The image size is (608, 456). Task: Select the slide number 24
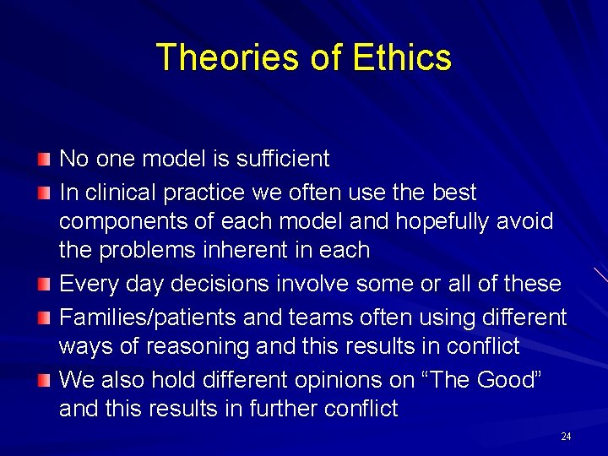click(565, 437)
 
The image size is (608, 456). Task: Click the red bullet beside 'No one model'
click(45, 160)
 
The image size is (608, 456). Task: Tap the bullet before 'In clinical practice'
click(45, 193)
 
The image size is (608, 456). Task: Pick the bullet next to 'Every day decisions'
click(45, 285)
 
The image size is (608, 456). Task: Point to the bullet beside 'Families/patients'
click(45, 318)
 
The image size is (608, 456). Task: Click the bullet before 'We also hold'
click(45, 381)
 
